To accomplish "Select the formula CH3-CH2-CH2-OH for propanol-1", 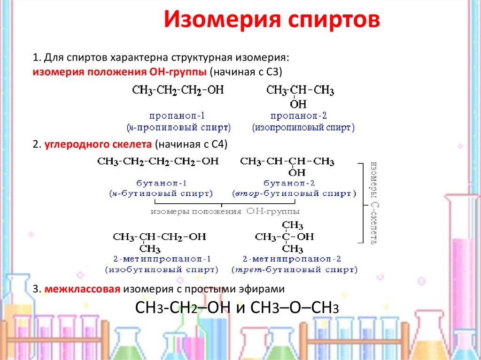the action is point(178,90).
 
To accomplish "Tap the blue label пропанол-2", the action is point(299,115).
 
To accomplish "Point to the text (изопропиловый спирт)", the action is point(303,127).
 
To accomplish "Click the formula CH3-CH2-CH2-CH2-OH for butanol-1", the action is point(158,161).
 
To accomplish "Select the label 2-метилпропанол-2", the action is point(292,259).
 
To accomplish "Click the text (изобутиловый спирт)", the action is point(162,270).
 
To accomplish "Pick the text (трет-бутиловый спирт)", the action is point(294,270).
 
